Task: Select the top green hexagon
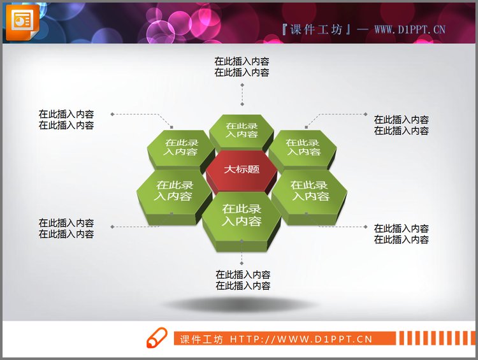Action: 242,130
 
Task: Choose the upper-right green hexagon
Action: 302,147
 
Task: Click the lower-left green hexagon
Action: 173,191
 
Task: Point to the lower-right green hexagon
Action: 310,191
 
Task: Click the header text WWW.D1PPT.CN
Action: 409,29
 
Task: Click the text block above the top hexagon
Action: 242,67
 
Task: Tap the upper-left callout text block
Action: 66,120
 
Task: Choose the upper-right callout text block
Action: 402,125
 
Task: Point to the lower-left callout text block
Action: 66,228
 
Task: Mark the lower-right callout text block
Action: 402,234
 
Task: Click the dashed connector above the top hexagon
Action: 242,92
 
